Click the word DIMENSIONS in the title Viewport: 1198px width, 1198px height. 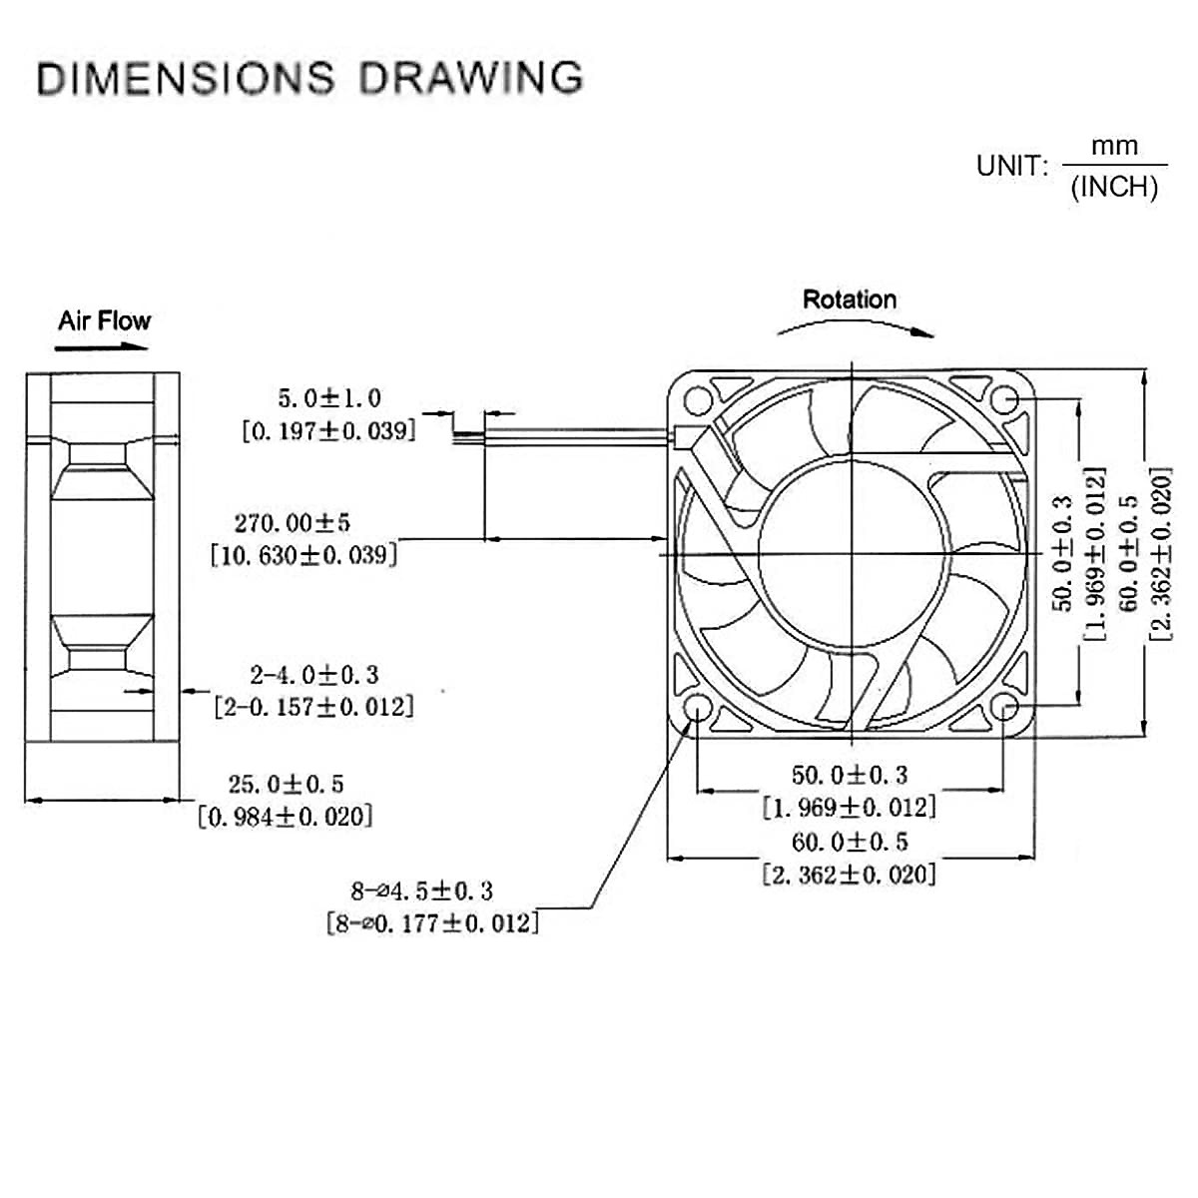coord(185,78)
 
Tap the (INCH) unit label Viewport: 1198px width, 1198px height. coord(1114,187)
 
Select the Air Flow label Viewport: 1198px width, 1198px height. coord(104,320)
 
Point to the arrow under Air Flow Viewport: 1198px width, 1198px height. coord(102,347)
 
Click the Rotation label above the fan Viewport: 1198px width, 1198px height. coord(850,299)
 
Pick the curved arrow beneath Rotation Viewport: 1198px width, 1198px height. coord(855,327)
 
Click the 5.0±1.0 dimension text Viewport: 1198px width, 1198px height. coord(329,398)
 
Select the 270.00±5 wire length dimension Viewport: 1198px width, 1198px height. coord(293,522)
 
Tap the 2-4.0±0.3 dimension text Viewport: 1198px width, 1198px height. coord(314,675)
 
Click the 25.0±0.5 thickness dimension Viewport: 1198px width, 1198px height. coord(287,784)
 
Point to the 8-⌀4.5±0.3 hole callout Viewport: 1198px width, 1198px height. coord(421,890)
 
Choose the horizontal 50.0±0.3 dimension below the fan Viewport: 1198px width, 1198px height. coord(850,775)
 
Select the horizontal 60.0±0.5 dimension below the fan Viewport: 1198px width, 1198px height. coord(850,842)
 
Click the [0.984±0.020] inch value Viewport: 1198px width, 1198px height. coord(286,817)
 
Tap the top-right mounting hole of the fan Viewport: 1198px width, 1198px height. coord(1006,400)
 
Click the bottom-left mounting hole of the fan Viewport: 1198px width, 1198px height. coord(697,709)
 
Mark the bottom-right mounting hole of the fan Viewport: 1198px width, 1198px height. coord(1006,709)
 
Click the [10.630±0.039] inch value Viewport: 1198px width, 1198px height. coord(303,555)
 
